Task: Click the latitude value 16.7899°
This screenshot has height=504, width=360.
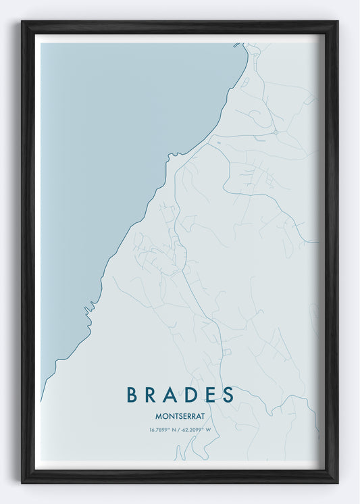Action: (x=162, y=430)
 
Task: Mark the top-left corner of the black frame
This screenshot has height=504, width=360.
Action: (x=22, y=22)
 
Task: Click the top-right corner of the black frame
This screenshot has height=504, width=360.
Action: (x=337, y=22)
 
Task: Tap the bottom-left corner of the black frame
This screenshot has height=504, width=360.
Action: (x=22, y=482)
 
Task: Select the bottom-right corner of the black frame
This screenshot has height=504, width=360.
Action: (x=337, y=482)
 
